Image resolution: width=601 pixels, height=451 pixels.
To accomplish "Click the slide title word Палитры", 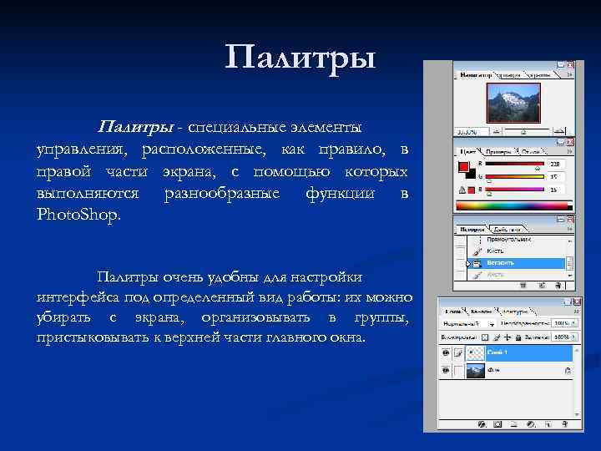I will coord(300,58).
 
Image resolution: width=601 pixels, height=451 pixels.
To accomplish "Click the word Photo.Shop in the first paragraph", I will coord(79,215).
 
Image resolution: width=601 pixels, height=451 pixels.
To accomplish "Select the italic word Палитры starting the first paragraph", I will coord(136,127).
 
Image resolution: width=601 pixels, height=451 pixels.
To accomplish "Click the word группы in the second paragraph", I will coord(381,318).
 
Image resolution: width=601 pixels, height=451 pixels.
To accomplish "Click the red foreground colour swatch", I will coord(463,167).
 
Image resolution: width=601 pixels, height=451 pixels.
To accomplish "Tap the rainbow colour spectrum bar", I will coord(509,205).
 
